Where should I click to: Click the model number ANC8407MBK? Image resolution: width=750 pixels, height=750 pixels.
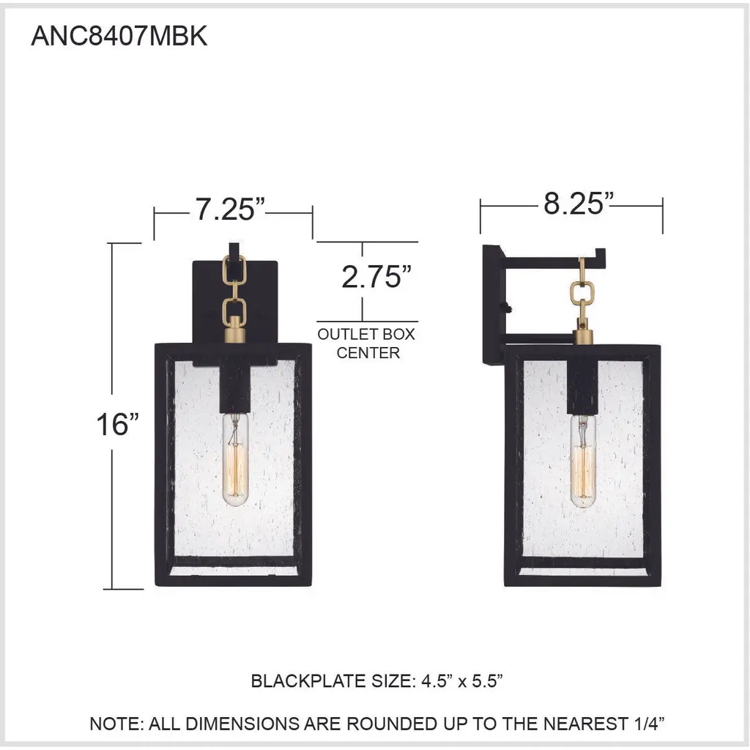tap(119, 36)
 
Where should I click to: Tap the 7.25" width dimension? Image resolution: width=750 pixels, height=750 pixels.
tap(230, 209)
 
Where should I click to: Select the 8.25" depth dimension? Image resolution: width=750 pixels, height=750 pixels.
tap(579, 204)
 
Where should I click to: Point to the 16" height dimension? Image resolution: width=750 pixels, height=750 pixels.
tap(118, 424)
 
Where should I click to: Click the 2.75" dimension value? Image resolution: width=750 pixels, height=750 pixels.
tap(376, 276)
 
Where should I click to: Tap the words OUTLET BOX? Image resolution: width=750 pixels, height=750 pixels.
tap(366, 334)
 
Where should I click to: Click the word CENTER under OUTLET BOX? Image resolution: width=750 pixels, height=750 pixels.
tap(368, 352)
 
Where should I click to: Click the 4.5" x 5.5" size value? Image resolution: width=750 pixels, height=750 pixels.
tap(462, 680)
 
